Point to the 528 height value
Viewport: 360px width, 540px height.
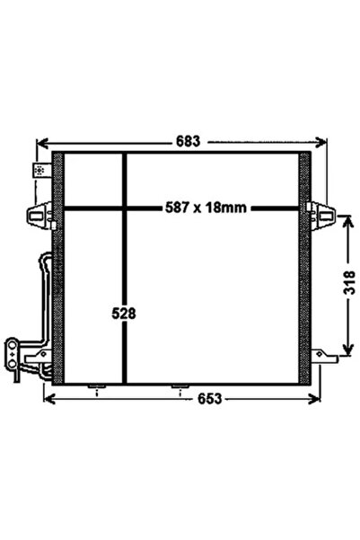[124, 314]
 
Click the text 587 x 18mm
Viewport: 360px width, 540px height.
[206, 208]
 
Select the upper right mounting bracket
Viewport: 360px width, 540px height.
[320, 214]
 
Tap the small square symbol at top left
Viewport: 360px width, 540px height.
[39, 170]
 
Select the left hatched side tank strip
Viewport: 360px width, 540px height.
[58, 270]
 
